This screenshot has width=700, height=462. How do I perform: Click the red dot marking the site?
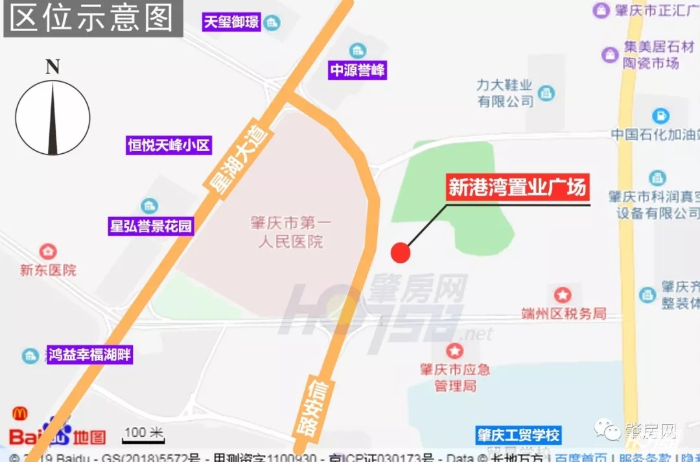(401, 252)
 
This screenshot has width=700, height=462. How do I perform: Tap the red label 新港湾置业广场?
(517, 188)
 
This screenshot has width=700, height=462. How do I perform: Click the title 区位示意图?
(93, 18)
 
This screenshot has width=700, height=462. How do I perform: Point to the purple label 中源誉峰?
(357, 70)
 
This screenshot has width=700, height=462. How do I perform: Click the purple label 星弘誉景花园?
(151, 226)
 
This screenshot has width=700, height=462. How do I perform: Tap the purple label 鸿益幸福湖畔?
(89, 355)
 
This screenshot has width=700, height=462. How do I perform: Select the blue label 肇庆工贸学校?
(518, 435)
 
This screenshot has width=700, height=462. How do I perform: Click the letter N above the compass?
(52, 67)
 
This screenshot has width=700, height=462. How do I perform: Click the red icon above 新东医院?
(47, 251)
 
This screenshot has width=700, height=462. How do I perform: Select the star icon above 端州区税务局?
(563, 295)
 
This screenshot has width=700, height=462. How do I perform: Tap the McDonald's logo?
(19, 413)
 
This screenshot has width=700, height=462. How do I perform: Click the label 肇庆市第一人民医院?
(290, 232)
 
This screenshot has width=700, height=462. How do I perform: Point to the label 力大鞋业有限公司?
(505, 93)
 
